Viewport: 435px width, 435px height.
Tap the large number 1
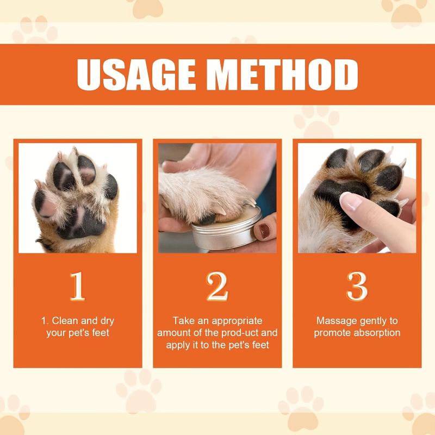click(x=77, y=286)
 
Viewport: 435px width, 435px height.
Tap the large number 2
click(x=217, y=286)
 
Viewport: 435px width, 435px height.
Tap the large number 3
click(x=357, y=286)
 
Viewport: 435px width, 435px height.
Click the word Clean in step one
click(x=64, y=321)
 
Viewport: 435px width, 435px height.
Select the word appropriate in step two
click(x=235, y=321)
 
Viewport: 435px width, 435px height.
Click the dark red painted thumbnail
click(x=265, y=231)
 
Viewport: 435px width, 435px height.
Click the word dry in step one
click(x=104, y=321)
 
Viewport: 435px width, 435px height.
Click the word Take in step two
click(x=183, y=321)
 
